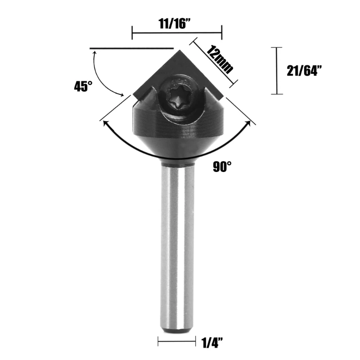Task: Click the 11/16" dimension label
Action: (x=175, y=23)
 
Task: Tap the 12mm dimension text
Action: (x=220, y=59)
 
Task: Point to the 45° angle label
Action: (x=83, y=86)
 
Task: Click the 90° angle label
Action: (x=222, y=166)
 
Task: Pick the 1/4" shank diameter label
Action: (x=212, y=342)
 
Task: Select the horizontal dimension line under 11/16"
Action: (x=177, y=33)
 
